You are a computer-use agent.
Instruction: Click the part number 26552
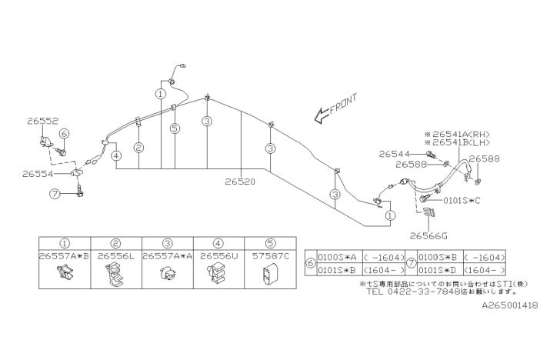[x=42, y=121]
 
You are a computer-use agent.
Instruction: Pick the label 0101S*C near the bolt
[x=462, y=200]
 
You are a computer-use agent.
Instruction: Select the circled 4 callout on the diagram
[x=115, y=155]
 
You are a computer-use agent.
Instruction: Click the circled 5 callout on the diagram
[x=175, y=128]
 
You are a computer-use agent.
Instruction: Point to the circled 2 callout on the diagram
[x=138, y=147]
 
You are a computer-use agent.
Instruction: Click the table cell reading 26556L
[x=115, y=255]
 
